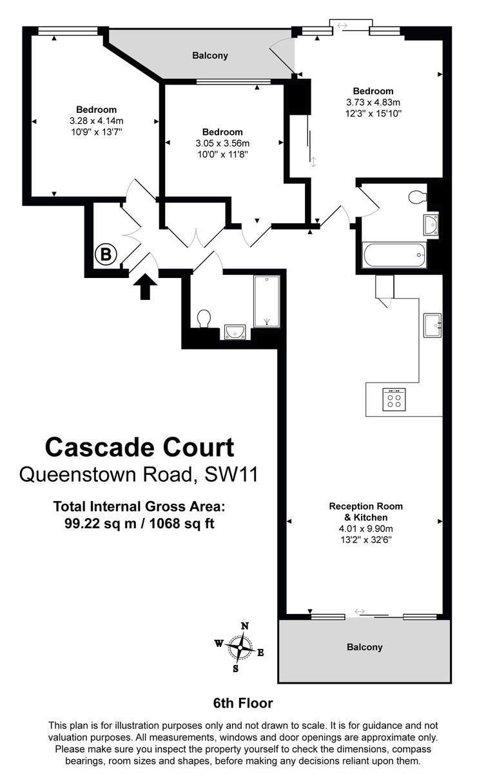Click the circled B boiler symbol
point(104,254)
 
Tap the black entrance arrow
point(146,286)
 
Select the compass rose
point(242,646)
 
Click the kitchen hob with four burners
point(393,399)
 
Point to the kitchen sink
point(433,325)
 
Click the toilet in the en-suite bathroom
point(417,197)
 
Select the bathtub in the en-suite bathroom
point(394,255)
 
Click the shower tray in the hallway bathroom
point(266,301)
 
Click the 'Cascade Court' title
point(139,446)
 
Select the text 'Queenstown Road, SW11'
point(139,475)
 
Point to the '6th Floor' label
point(243,703)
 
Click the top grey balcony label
point(210,56)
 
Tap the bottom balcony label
point(364,647)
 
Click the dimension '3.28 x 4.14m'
point(97,121)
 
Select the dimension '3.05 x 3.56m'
point(222,143)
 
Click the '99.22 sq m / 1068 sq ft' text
point(139,524)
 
